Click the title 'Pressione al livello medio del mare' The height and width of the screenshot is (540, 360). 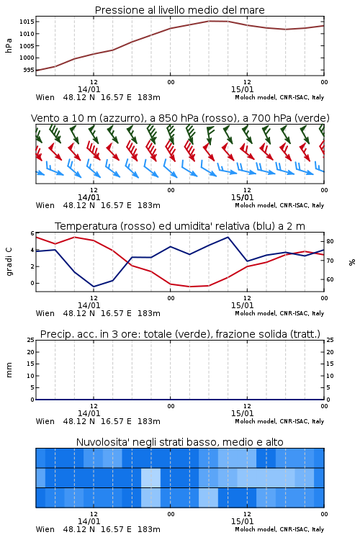point(179,10)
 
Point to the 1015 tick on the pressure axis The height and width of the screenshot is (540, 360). point(27,22)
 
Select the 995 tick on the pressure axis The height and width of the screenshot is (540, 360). point(29,70)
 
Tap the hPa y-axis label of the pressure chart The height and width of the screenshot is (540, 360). point(9,45)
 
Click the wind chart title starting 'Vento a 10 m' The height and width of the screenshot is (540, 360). point(180,118)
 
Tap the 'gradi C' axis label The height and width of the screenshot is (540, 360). point(9,262)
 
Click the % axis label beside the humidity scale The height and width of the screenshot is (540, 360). point(352,262)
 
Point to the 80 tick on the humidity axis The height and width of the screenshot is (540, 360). point(330,241)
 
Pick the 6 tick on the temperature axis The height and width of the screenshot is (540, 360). point(32,233)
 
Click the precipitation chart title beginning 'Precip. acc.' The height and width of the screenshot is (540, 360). point(180,334)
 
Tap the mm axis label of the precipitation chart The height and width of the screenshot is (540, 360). point(9,370)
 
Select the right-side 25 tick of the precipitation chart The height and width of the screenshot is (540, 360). point(330,340)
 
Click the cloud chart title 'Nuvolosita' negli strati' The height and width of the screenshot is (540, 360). point(180,442)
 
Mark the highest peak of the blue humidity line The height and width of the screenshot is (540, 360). point(228,237)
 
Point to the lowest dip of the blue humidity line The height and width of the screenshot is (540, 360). point(94,287)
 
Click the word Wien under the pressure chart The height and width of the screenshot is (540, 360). point(45,97)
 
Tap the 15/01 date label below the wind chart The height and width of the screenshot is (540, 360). point(242,197)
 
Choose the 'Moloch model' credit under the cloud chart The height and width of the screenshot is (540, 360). point(255,529)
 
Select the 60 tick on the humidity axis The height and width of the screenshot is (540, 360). point(330,279)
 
